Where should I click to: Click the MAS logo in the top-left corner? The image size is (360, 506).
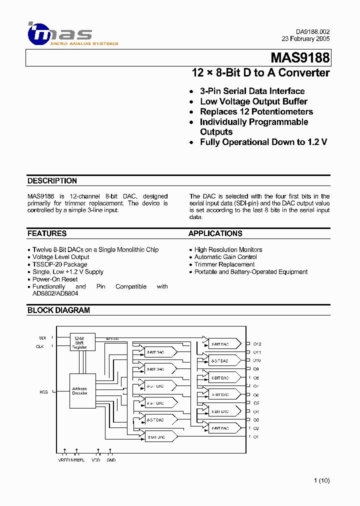click(60, 34)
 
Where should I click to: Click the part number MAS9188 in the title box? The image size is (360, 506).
click(300, 58)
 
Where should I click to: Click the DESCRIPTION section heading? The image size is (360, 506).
click(52, 181)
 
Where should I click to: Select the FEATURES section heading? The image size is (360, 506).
click(47, 233)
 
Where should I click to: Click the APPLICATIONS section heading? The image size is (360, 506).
click(215, 233)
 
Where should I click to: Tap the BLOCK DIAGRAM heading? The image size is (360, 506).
click(58, 310)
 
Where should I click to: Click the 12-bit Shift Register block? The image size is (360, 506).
click(79, 342)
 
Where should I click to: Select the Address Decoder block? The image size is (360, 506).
click(79, 390)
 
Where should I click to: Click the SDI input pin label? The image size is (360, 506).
click(42, 338)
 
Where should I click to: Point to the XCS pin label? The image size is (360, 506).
click(43, 392)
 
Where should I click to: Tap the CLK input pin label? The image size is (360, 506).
click(40, 346)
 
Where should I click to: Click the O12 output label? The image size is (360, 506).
click(257, 344)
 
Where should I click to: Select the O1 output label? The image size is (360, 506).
click(255, 437)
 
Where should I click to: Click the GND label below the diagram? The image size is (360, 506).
click(111, 460)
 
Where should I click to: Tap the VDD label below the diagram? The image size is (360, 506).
click(96, 460)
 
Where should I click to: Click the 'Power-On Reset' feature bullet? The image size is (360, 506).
click(55, 279)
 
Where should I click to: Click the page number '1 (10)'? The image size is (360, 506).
click(321, 481)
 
